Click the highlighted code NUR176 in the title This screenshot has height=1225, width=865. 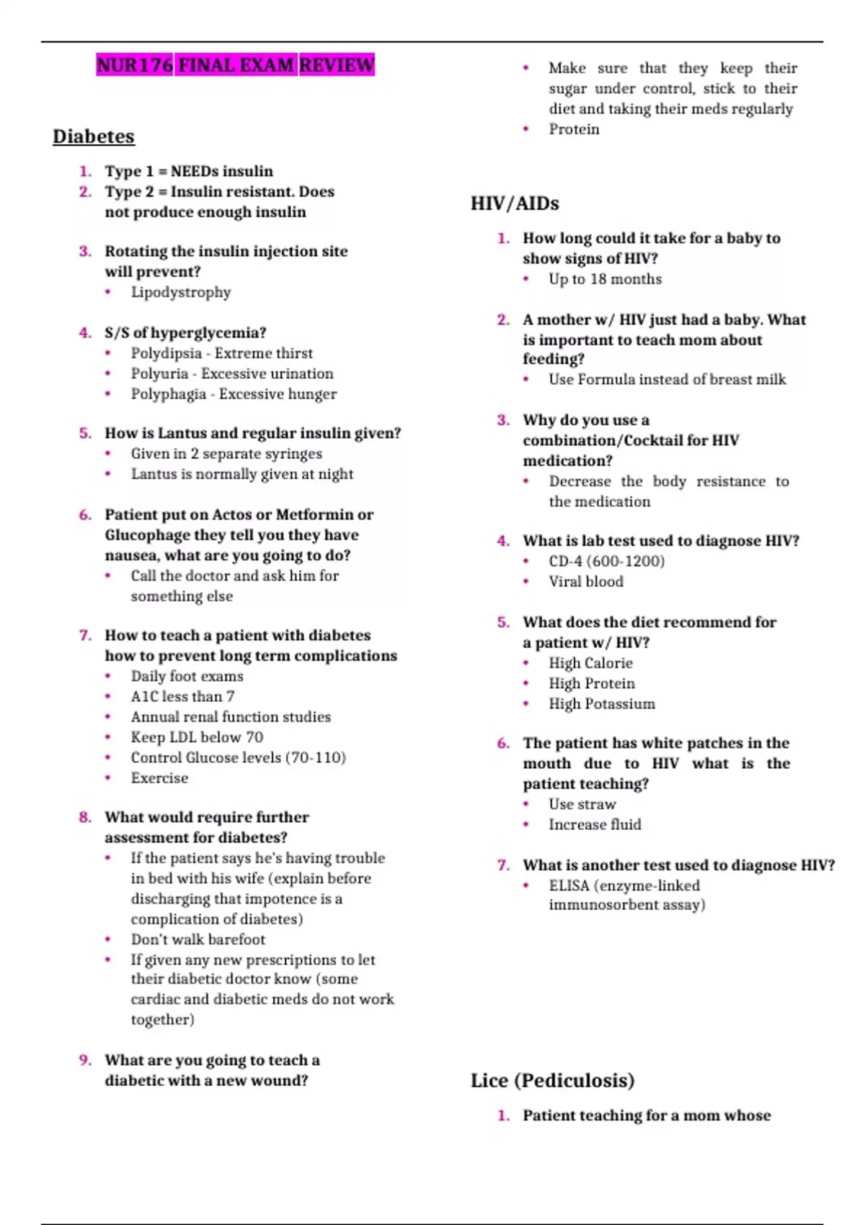pos(135,66)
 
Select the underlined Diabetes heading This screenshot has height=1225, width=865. pos(94,136)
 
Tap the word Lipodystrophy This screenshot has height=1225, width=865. pos(181,292)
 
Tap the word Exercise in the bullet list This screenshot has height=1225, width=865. pos(159,778)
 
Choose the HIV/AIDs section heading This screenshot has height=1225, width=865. pos(515,203)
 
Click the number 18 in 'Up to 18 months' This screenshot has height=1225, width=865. pos(598,279)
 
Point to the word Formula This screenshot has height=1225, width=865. pos(603,379)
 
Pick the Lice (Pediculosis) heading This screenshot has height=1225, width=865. pos(553,1080)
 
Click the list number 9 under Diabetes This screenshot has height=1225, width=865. pos(84,1060)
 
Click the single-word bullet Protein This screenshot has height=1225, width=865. pos(574,129)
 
